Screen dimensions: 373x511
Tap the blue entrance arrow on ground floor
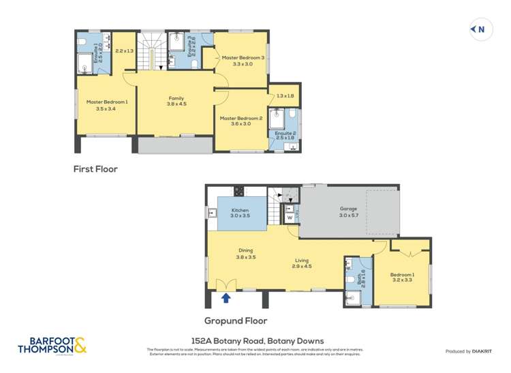coord(226,297)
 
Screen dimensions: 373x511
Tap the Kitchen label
coord(240,210)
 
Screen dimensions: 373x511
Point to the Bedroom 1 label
coord(402,275)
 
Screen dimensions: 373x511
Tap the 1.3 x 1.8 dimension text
coord(285,95)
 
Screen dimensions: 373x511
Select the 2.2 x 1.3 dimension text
coord(125,51)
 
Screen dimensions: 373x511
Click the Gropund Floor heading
coord(236,320)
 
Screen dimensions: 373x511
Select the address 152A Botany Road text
coord(255,341)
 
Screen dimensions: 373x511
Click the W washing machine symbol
coord(290,218)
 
